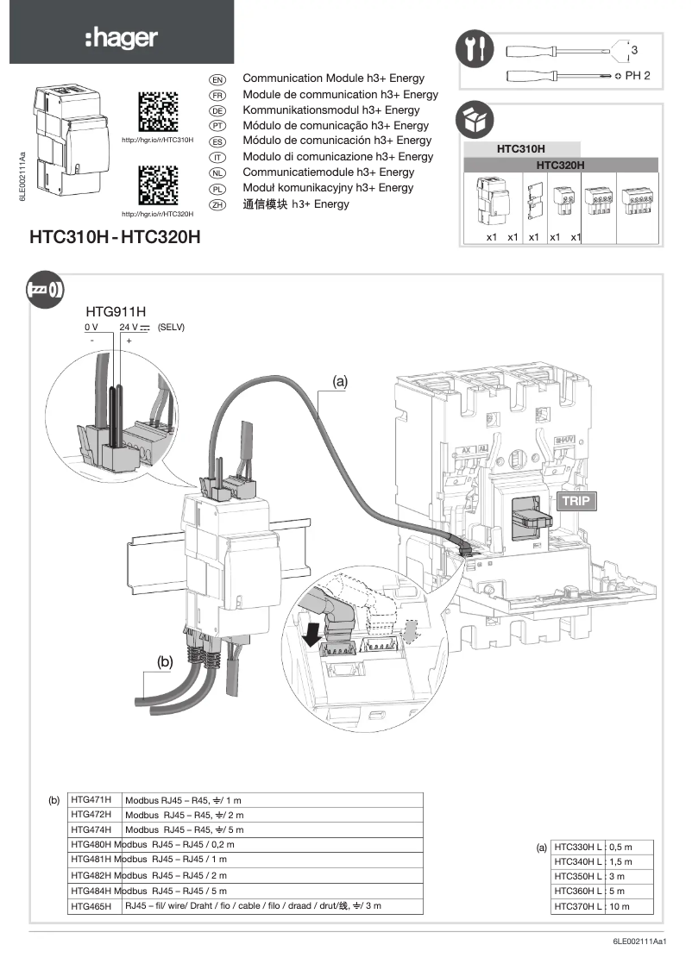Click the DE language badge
(217, 110)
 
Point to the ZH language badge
(217, 204)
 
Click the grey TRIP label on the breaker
(576, 499)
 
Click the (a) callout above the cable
(338, 379)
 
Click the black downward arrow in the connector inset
(312, 635)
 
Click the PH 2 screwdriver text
(638, 76)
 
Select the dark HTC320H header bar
(561, 164)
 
